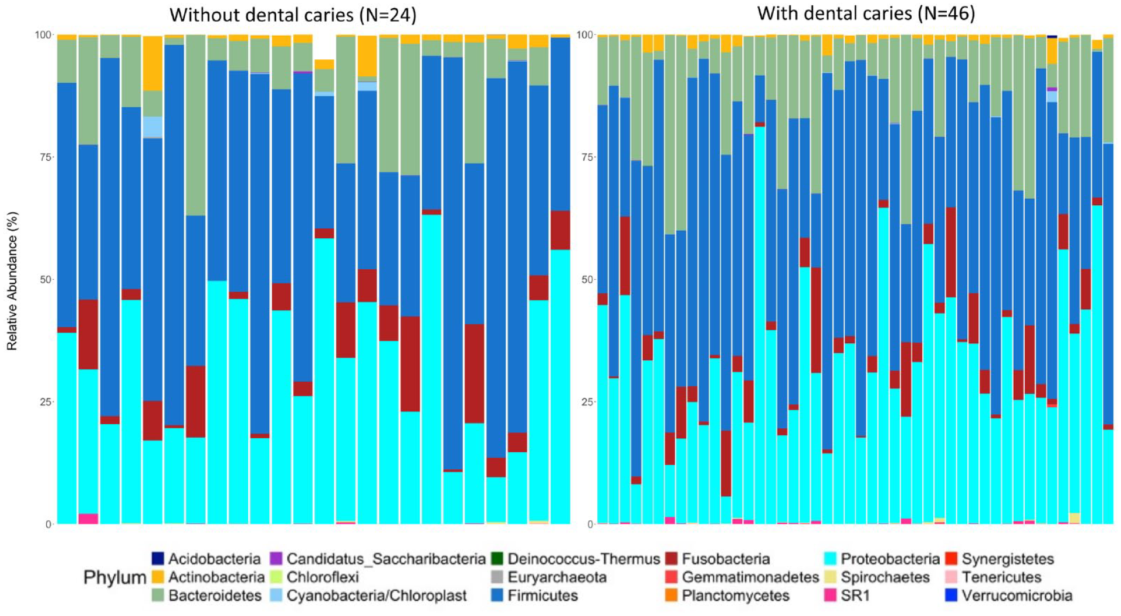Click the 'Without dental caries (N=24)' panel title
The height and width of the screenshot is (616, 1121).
click(x=293, y=14)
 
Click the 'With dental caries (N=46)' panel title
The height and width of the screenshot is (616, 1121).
click(x=866, y=13)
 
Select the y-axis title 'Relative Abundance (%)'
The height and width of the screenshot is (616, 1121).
click(x=12, y=281)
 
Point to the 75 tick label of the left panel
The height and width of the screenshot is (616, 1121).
click(x=45, y=157)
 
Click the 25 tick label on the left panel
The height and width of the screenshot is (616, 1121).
click(x=45, y=402)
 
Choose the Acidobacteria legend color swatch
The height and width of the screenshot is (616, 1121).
click(x=158, y=559)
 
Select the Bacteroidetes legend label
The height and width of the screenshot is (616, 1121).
click(x=215, y=595)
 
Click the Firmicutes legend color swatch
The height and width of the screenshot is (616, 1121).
click(x=497, y=595)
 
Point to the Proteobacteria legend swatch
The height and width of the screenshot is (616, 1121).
click(x=830, y=559)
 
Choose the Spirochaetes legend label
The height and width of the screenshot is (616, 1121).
click(x=885, y=577)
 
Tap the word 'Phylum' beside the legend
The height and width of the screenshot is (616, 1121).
click(x=115, y=578)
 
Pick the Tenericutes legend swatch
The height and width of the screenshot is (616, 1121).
click(x=951, y=577)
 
